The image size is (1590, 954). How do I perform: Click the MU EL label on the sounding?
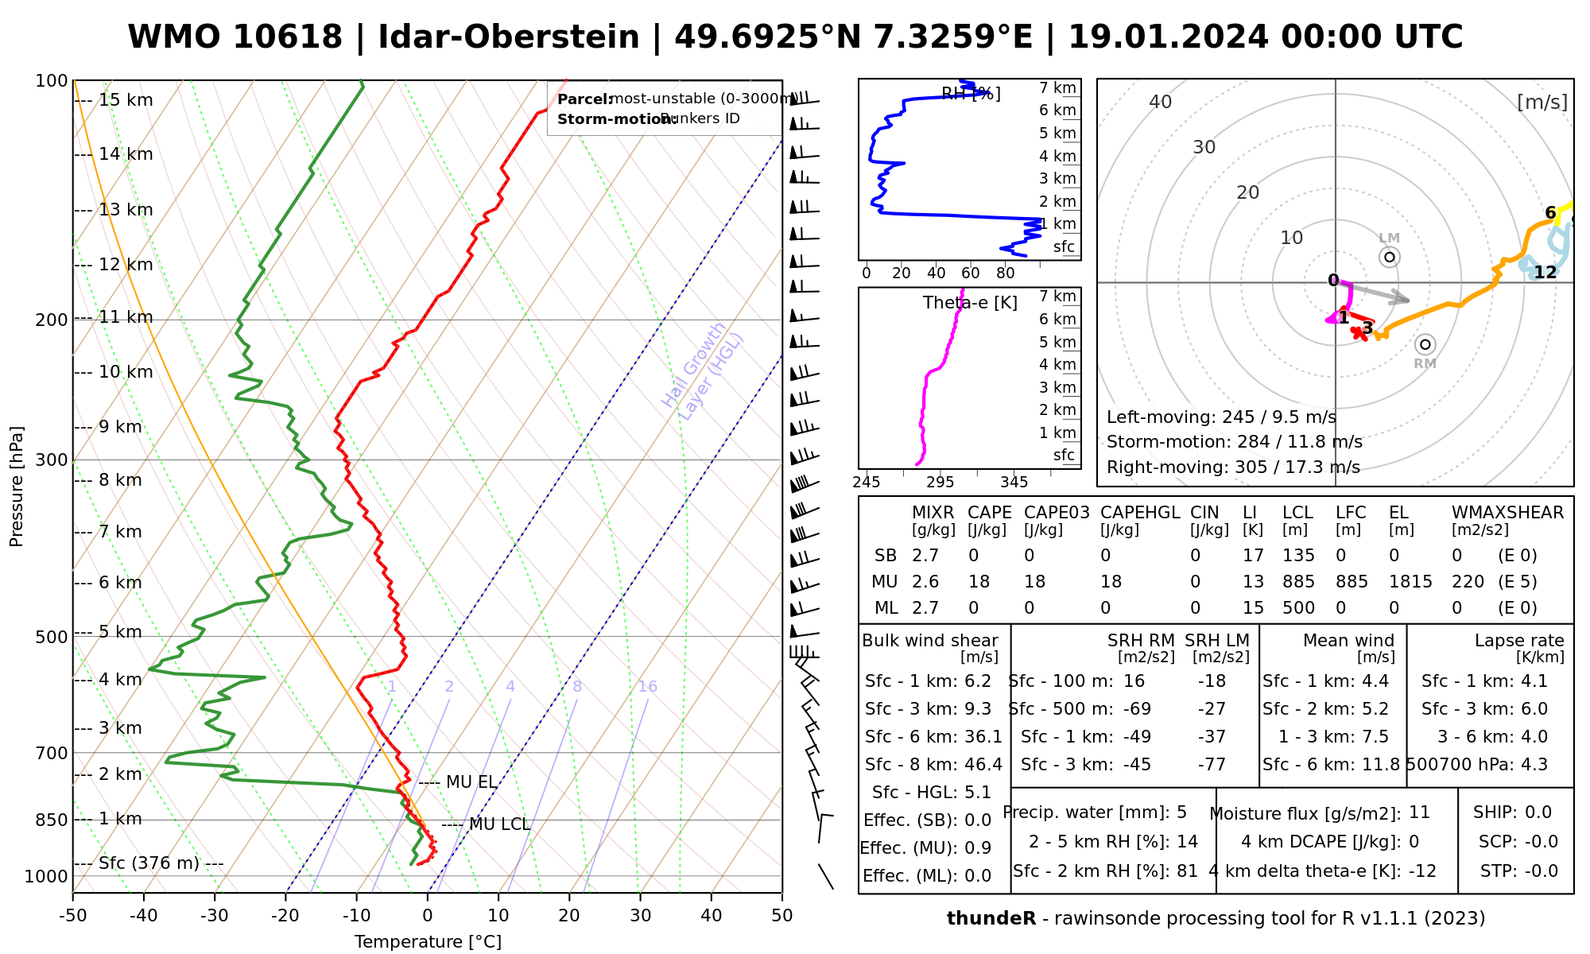[x=471, y=782]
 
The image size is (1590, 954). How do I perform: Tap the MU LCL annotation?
[x=499, y=824]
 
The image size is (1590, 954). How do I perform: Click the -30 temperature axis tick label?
[x=215, y=916]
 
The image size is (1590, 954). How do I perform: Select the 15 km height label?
[x=126, y=100]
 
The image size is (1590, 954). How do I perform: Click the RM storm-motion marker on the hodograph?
[x=1425, y=344]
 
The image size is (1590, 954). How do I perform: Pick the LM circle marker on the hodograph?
[x=1390, y=257]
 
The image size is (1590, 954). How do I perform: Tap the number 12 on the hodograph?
[x=1545, y=273]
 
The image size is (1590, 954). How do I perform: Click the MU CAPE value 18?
[x=979, y=582]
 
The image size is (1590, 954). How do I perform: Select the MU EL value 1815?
[x=1410, y=582]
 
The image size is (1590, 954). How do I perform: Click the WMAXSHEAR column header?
[x=1507, y=513]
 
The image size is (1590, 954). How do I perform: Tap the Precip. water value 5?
[x=1181, y=812]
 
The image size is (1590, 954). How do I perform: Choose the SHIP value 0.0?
[x=1538, y=812]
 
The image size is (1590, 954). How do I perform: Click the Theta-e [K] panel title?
[x=970, y=303]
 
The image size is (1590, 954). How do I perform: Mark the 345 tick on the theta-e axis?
[x=1014, y=483]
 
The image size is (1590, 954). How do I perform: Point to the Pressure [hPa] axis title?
[x=17, y=487]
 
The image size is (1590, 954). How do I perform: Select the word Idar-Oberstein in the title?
[x=509, y=37]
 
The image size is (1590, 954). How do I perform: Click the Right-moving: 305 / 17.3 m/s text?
[x=1233, y=467]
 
